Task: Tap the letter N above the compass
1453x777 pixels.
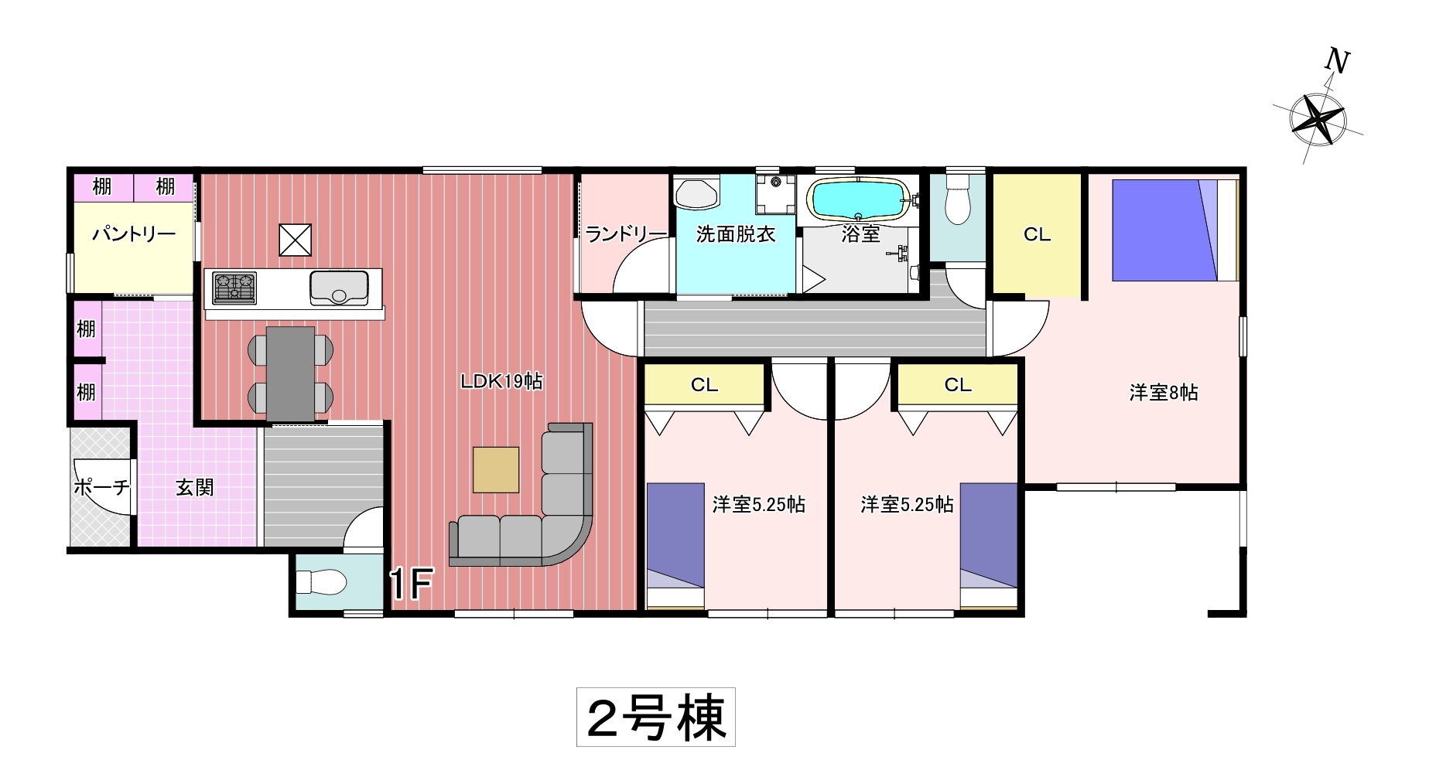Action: point(1337,60)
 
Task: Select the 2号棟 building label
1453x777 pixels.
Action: point(656,717)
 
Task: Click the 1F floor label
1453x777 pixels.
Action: point(411,584)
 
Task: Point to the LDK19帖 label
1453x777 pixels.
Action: point(501,381)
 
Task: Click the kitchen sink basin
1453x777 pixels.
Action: point(339,288)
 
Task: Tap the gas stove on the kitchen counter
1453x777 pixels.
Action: point(234,288)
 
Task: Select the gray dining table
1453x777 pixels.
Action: point(290,374)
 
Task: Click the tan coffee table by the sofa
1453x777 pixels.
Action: point(496,469)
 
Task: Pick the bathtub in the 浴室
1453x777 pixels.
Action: point(859,200)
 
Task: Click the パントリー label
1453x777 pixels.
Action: point(134,233)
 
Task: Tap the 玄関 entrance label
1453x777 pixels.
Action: point(194,487)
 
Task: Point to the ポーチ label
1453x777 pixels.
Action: point(101,487)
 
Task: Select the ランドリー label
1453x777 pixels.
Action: point(626,233)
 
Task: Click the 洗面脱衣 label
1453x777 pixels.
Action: point(736,233)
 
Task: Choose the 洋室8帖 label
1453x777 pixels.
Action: point(1164,393)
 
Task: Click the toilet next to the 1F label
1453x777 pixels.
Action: point(321,581)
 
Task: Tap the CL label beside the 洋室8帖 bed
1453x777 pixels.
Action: point(1037,234)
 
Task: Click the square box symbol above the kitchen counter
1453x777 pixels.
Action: point(295,240)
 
